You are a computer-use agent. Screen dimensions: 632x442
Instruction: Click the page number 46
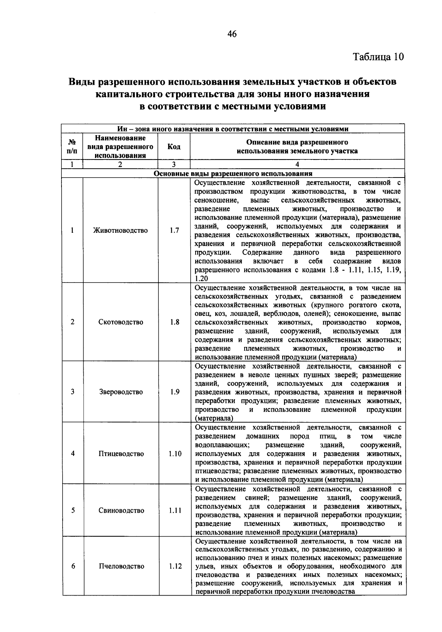[232, 34]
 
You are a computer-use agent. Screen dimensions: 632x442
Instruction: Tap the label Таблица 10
[378, 57]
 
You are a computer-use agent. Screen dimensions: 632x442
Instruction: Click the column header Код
[174, 147]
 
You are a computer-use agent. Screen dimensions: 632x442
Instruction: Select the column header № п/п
[72, 147]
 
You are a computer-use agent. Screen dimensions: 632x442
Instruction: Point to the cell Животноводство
[120, 231]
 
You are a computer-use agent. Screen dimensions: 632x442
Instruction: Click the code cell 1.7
[174, 231]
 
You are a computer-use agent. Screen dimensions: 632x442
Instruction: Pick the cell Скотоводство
[120, 322]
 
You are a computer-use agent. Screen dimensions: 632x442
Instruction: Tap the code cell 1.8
[175, 322]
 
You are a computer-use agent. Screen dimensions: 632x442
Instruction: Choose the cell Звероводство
[120, 392]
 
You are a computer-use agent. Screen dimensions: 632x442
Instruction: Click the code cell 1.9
[175, 392]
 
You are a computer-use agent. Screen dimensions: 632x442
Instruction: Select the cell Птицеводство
[121, 454]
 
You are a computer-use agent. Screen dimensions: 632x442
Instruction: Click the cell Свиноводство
[121, 510]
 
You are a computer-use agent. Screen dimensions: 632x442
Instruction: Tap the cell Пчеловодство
[121, 566]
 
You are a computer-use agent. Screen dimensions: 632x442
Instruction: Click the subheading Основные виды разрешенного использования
[233, 173]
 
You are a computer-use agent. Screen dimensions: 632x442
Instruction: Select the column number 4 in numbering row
[297, 165]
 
